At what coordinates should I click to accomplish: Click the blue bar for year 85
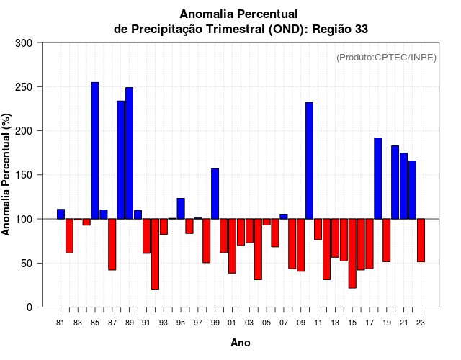coord(95,150)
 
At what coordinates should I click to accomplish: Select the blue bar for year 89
coord(129,153)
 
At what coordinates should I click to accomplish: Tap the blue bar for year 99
coord(215,194)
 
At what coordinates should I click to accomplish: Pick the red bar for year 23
coord(421,240)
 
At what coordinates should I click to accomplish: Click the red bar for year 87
coord(112,244)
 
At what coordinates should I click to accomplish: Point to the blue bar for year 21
coord(403,186)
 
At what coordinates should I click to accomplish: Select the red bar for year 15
coord(352,253)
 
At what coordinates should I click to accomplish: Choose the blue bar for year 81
coord(61,214)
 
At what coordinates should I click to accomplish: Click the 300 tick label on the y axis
coord(24,43)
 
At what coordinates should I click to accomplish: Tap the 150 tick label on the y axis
coord(24,175)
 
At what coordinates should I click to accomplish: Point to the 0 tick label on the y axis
coord(29,307)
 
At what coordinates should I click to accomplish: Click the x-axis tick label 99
coord(215,323)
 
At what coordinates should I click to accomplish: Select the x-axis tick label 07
coord(283,323)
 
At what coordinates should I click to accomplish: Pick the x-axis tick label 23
coord(421,323)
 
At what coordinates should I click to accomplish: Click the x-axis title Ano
coord(241,343)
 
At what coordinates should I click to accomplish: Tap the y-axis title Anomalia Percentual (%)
coord(6,174)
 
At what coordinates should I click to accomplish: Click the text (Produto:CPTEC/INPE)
coord(386,58)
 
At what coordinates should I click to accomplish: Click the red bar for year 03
coord(249,231)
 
